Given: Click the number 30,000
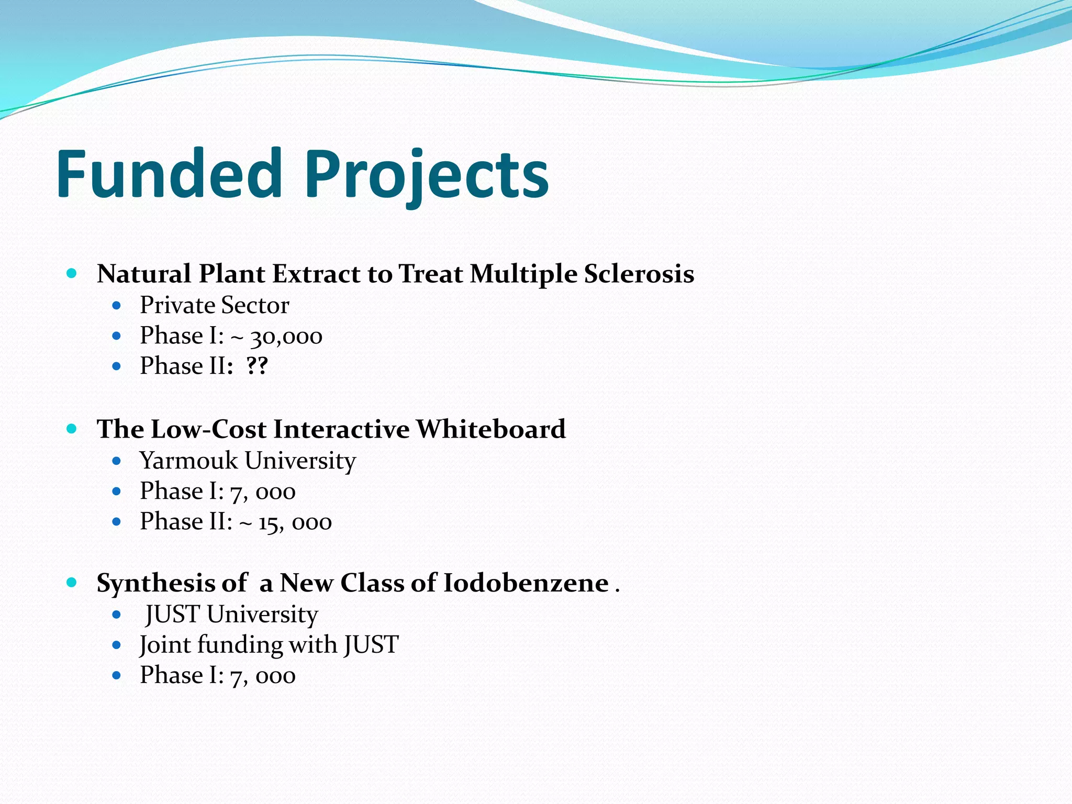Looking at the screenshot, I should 286,337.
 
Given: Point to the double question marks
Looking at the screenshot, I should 257,366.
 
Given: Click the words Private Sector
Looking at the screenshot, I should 214,305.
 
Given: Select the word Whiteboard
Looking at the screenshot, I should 490,429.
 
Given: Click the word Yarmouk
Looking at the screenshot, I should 188,461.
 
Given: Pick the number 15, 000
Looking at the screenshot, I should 295,522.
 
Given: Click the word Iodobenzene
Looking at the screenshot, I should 526,583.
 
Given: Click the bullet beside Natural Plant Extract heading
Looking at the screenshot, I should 72,273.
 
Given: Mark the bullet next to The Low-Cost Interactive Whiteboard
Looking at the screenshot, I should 72,429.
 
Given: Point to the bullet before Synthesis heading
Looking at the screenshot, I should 72,582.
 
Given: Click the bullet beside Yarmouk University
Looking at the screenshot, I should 117,461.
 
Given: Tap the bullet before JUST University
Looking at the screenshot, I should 117,615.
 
